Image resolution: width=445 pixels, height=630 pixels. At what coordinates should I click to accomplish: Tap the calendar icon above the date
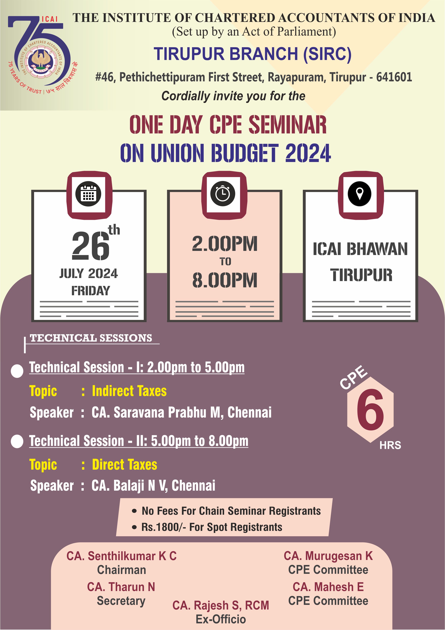[89, 194]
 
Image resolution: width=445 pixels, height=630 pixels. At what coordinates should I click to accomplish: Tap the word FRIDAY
[91, 291]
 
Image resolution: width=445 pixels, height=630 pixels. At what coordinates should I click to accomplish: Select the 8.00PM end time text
[225, 280]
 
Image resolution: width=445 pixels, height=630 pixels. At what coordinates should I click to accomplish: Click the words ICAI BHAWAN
[360, 249]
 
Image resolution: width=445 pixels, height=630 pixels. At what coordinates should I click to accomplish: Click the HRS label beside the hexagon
[390, 445]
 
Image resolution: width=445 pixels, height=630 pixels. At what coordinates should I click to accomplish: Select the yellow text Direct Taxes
[125, 465]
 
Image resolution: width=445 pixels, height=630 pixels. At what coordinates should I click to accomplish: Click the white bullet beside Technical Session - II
[17, 441]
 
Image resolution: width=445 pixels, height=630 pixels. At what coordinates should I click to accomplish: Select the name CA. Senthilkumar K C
[121, 556]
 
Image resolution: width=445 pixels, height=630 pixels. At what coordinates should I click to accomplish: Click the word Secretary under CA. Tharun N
[121, 601]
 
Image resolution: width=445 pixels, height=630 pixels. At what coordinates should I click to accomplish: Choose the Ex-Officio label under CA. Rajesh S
[221, 619]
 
